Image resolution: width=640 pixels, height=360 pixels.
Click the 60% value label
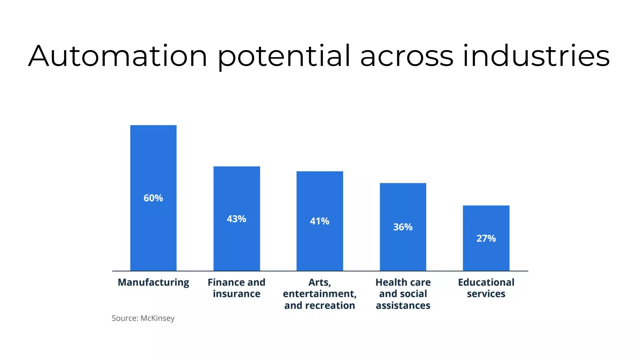click(153, 198)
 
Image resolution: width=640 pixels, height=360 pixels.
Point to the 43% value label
click(237, 219)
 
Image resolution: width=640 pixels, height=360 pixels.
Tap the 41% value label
click(320, 221)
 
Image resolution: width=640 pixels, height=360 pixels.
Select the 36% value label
click(403, 227)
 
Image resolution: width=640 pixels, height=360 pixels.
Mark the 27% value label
click(486, 238)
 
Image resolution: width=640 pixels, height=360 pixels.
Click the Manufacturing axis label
click(153, 282)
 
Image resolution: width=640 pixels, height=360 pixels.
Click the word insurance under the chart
click(237, 294)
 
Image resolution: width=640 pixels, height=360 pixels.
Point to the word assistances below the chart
click(403, 305)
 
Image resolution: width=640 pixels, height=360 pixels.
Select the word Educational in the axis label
click(486, 282)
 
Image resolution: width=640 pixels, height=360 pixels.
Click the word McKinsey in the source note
click(157, 318)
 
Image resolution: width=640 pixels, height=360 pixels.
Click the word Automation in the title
click(118, 56)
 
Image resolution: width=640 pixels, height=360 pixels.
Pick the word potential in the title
click(284, 56)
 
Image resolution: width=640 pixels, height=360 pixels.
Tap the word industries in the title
click(536, 56)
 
